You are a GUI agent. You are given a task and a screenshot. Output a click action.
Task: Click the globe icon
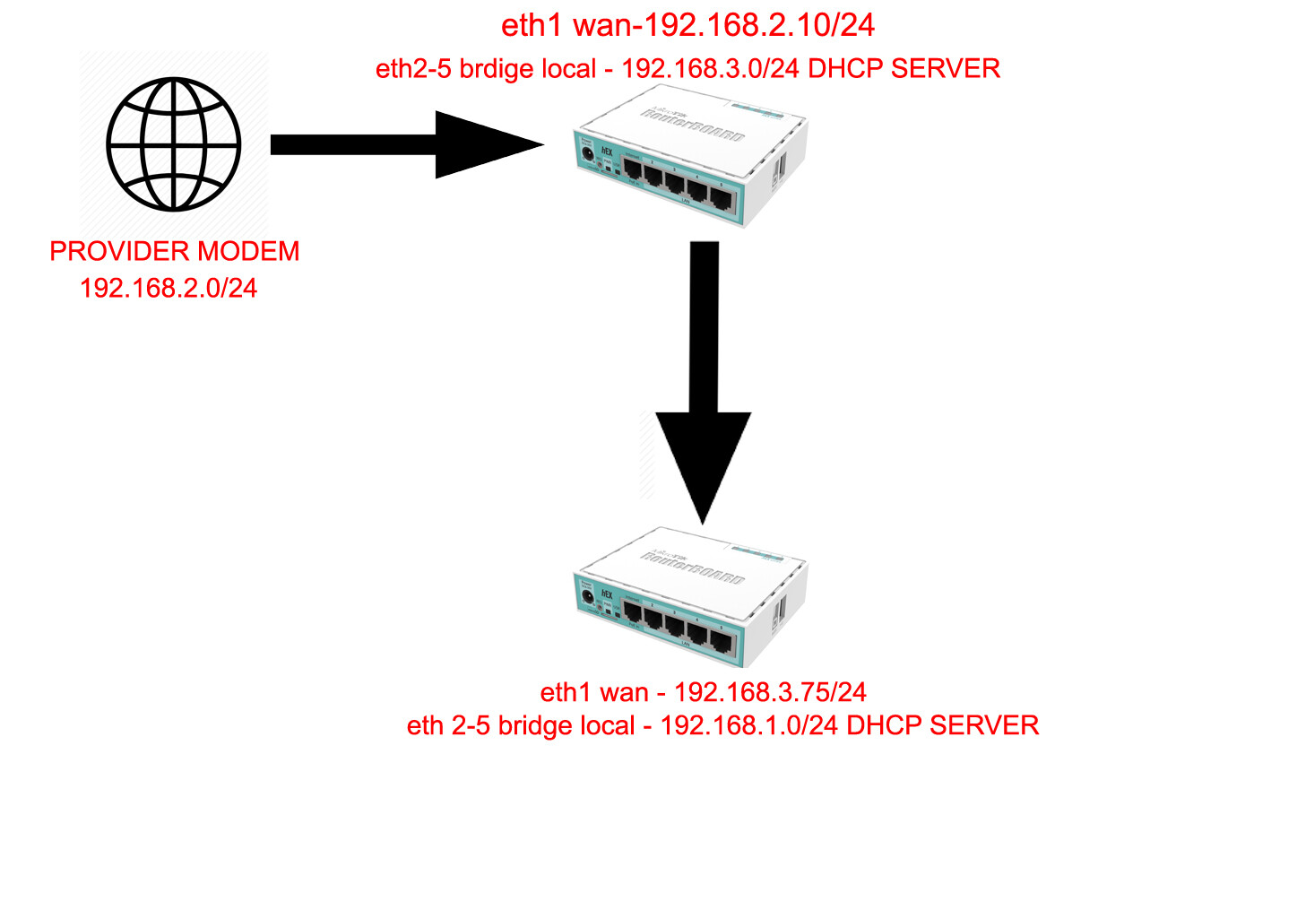[174, 144]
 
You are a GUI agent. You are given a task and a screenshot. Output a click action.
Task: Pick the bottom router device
[690, 595]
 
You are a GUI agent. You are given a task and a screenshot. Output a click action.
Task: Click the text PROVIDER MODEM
[175, 251]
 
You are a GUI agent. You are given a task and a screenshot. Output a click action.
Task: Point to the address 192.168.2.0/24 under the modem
[169, 288]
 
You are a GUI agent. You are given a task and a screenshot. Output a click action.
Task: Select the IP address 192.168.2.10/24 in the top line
[759, 25]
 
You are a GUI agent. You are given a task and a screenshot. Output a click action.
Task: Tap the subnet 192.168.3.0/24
[710, 69]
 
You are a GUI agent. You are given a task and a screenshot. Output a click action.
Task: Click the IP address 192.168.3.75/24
[770, 692]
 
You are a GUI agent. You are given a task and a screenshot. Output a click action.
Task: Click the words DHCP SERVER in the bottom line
[942, 725]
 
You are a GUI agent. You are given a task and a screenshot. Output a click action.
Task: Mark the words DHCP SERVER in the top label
[904, 69]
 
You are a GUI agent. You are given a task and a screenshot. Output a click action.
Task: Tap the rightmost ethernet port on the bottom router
[722, 640]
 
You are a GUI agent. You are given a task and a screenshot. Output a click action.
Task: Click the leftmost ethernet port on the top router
[633, 168]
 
